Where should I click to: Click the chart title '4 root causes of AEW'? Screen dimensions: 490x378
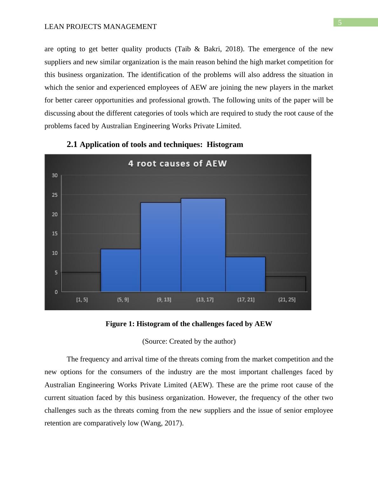[x=177, y=164]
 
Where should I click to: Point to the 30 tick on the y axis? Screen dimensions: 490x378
[x=55, y=175]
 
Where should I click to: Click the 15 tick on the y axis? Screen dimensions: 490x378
[x=55, y=234]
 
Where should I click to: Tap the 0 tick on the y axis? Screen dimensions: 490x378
[x=56, y=292]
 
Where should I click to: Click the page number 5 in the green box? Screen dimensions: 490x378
[x=340, y=23]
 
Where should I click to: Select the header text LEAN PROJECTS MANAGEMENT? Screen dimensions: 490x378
[x=100, y=27]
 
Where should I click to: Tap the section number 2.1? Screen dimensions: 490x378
[x=72, y=144]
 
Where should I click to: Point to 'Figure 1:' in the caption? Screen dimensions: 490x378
[x=120, y=324]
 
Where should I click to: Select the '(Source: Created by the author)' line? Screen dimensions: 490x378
[x=189, y=341]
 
